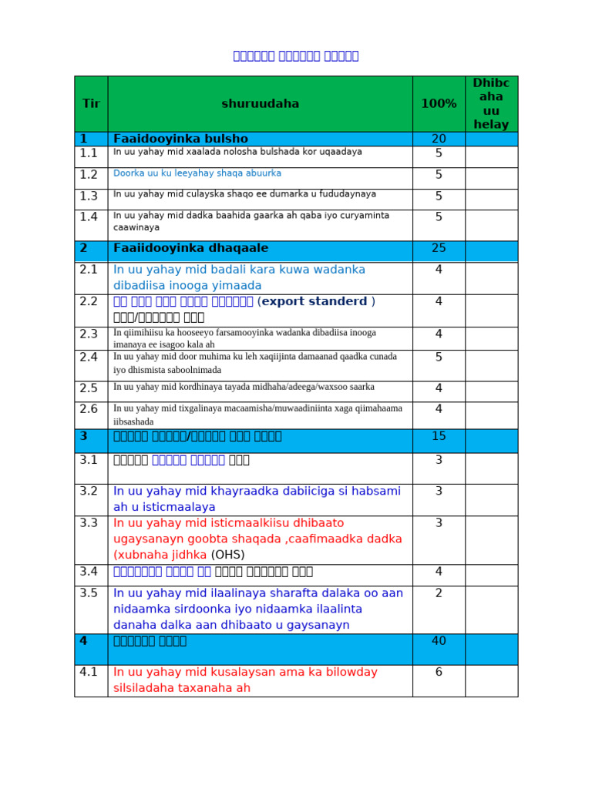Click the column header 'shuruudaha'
(x=260, y=104)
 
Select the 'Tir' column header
(x=91, y=104)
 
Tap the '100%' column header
(x=439, y=104)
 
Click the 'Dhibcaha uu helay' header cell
(x=491, y=103)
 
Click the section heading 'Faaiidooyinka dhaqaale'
(x=190, y=248)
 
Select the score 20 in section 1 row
(x=439, y=139)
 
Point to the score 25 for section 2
(x=439, y=248)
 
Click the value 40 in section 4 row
(x=439, y=641)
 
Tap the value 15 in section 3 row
(x=439, y=436)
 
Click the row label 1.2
(x=89, y=175)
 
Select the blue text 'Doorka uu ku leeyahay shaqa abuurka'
(x=197, y=173)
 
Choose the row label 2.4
(x=89, y=358)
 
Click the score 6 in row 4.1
(x=439, y=672)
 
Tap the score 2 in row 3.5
(x=439, y=593)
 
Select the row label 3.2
(x=89, y=491)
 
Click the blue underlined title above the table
(x=296, y=55)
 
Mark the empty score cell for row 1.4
(x=491, y=224)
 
